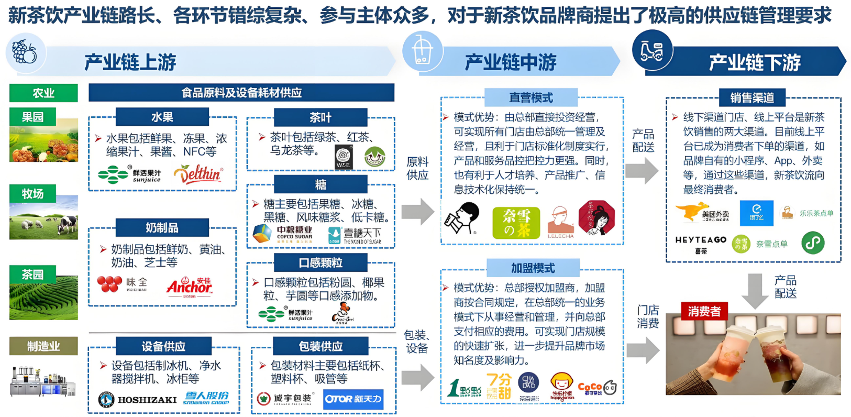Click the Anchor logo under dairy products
[189, 287]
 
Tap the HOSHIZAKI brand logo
[138, 400]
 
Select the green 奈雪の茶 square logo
[516, 223]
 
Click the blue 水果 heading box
[162, 117]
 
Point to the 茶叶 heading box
[320, 117]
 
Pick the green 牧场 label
[32, 194]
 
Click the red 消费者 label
[704, 311]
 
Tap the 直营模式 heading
[531, 98]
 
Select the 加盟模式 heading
[533, 268]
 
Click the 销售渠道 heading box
[752, 97]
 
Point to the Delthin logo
[198, 174]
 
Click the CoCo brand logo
[590, 388]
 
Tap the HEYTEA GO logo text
[700, 240]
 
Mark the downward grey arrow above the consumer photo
[755, 290]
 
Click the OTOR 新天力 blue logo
[353, 399]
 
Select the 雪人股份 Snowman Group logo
[207, 398]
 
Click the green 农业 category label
[43, 93]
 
